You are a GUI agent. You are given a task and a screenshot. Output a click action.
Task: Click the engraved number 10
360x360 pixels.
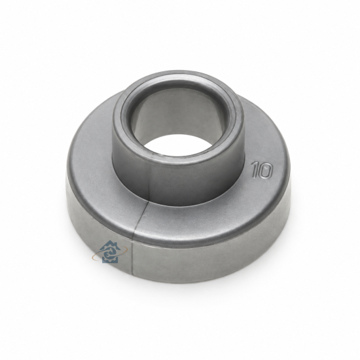[262, 170]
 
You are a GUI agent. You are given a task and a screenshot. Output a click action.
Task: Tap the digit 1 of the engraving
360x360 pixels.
[255, 170]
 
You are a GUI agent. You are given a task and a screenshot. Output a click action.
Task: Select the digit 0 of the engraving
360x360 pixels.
[266, 171]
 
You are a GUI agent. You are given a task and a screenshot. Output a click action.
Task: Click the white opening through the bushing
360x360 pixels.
[177, 145]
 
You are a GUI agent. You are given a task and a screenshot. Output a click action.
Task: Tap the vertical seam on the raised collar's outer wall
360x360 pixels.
[149, 179]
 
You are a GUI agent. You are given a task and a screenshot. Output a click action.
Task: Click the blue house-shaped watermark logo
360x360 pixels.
[110, 252]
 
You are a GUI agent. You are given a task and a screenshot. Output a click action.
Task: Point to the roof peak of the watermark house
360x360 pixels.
[111, 241]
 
